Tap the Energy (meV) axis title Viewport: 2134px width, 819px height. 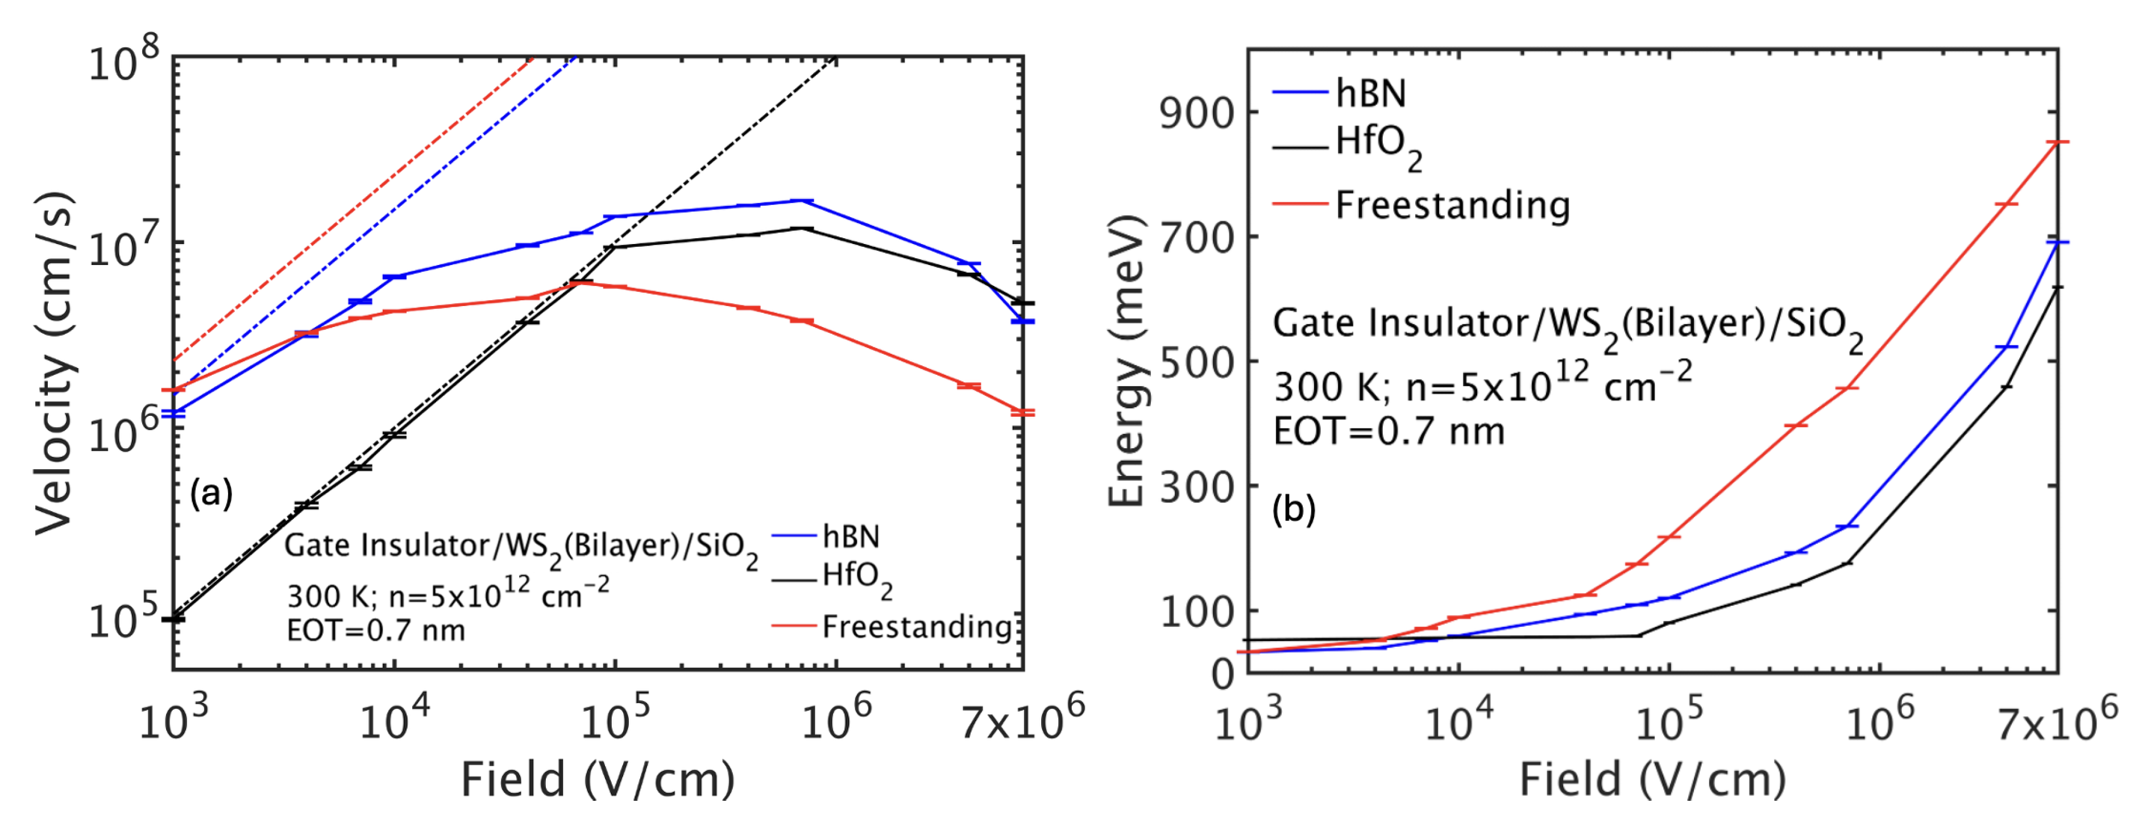click(1126, 360)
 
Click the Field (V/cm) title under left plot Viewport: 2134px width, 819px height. click(597, 779)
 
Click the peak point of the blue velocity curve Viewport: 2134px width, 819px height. click(801, 201)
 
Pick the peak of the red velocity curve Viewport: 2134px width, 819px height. click(582, 283)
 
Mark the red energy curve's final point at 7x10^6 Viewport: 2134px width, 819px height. click(2057, 143)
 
